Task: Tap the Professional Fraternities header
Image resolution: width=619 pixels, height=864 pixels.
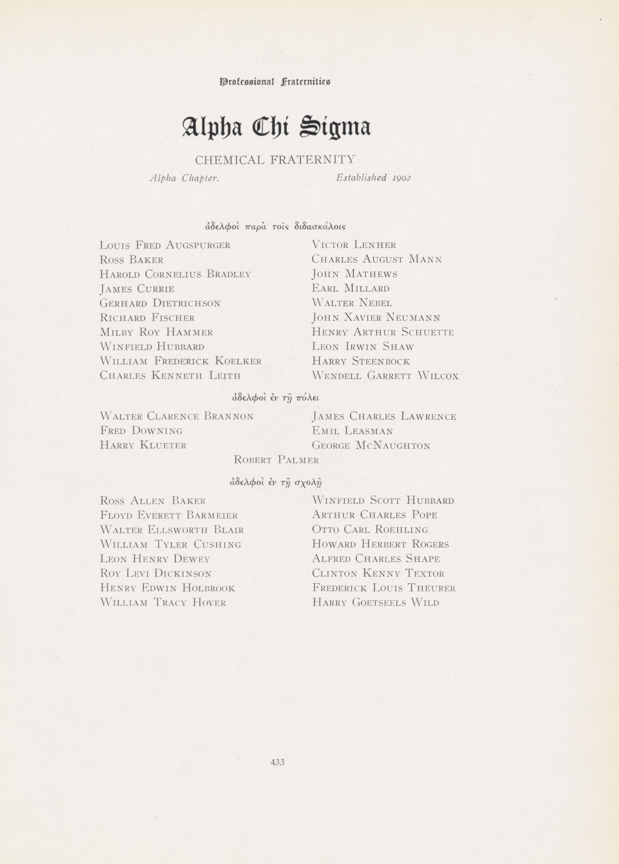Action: coord(275,82)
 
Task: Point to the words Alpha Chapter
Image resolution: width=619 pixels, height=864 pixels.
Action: coord(184,178)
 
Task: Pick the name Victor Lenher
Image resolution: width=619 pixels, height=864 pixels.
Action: coord(354,245)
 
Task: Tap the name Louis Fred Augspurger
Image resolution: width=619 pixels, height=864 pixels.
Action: coord(165,245)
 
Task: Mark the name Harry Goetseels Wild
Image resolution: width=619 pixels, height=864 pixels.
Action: coord(375,602)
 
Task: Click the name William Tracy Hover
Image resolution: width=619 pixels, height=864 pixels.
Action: coord(163,602)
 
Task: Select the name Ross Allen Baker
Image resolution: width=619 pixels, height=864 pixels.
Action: coord(153,501)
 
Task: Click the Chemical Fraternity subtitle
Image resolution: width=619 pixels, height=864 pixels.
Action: coord(275,160)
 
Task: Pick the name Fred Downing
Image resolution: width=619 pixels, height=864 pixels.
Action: coord(141,431)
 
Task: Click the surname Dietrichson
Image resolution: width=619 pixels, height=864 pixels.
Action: coord(187,303)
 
